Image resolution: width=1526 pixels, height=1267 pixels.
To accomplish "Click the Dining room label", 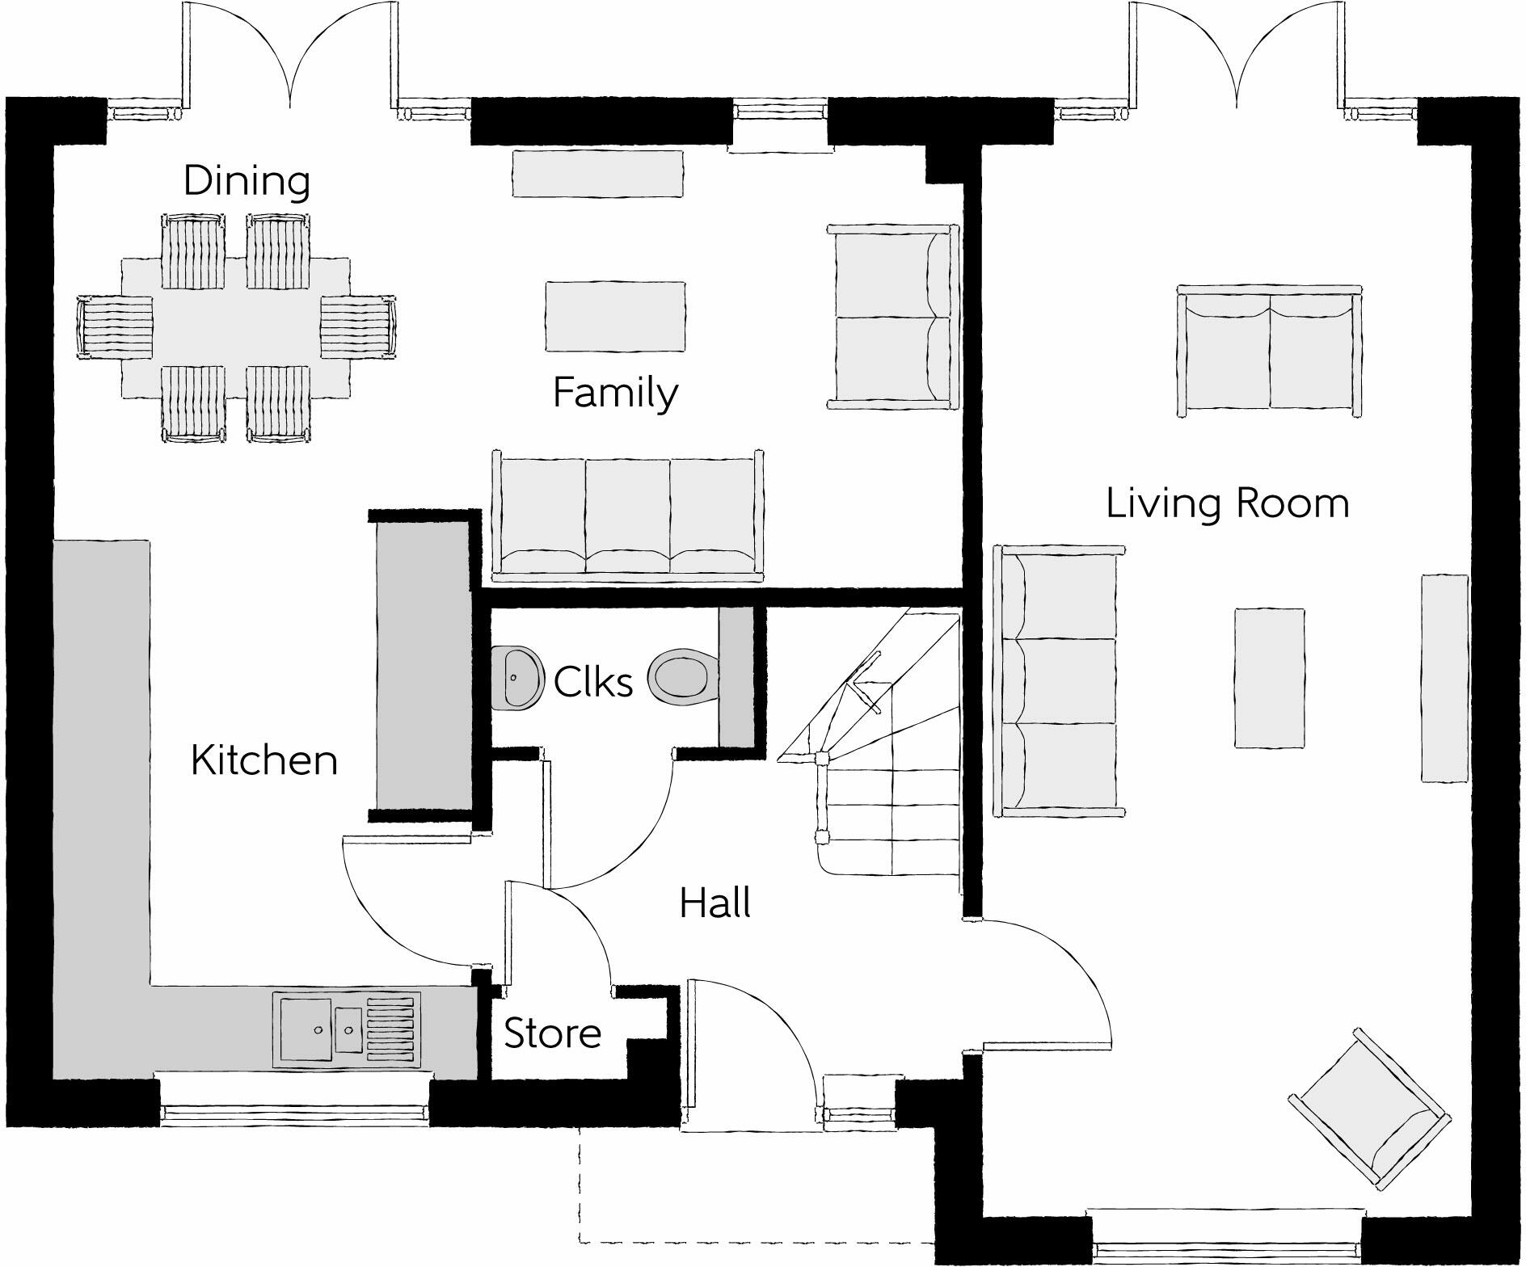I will (247, 180).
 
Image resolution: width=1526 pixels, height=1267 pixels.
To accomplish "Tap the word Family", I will (615, 394).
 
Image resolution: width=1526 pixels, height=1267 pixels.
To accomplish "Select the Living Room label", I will (1227, 503).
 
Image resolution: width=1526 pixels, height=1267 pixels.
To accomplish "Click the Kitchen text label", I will (264, 760).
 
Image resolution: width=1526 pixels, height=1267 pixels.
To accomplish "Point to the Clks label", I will (592, 682).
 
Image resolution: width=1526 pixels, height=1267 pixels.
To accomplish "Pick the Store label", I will (553, 1033).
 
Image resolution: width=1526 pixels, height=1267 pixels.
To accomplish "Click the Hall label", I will (715, 903).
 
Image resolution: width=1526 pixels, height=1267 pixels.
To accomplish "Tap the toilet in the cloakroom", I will (683, 676).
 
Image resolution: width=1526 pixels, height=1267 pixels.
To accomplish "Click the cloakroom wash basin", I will (515, 678).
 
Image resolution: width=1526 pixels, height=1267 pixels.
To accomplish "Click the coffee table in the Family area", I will (615, 316).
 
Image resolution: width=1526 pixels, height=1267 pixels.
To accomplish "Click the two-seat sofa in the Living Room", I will (1269, 351).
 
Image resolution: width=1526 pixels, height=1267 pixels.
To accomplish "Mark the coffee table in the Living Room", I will (1268, 678).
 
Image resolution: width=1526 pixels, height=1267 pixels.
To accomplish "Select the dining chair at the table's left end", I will (116, 327).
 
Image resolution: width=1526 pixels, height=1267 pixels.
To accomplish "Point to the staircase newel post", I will (821, 757).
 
